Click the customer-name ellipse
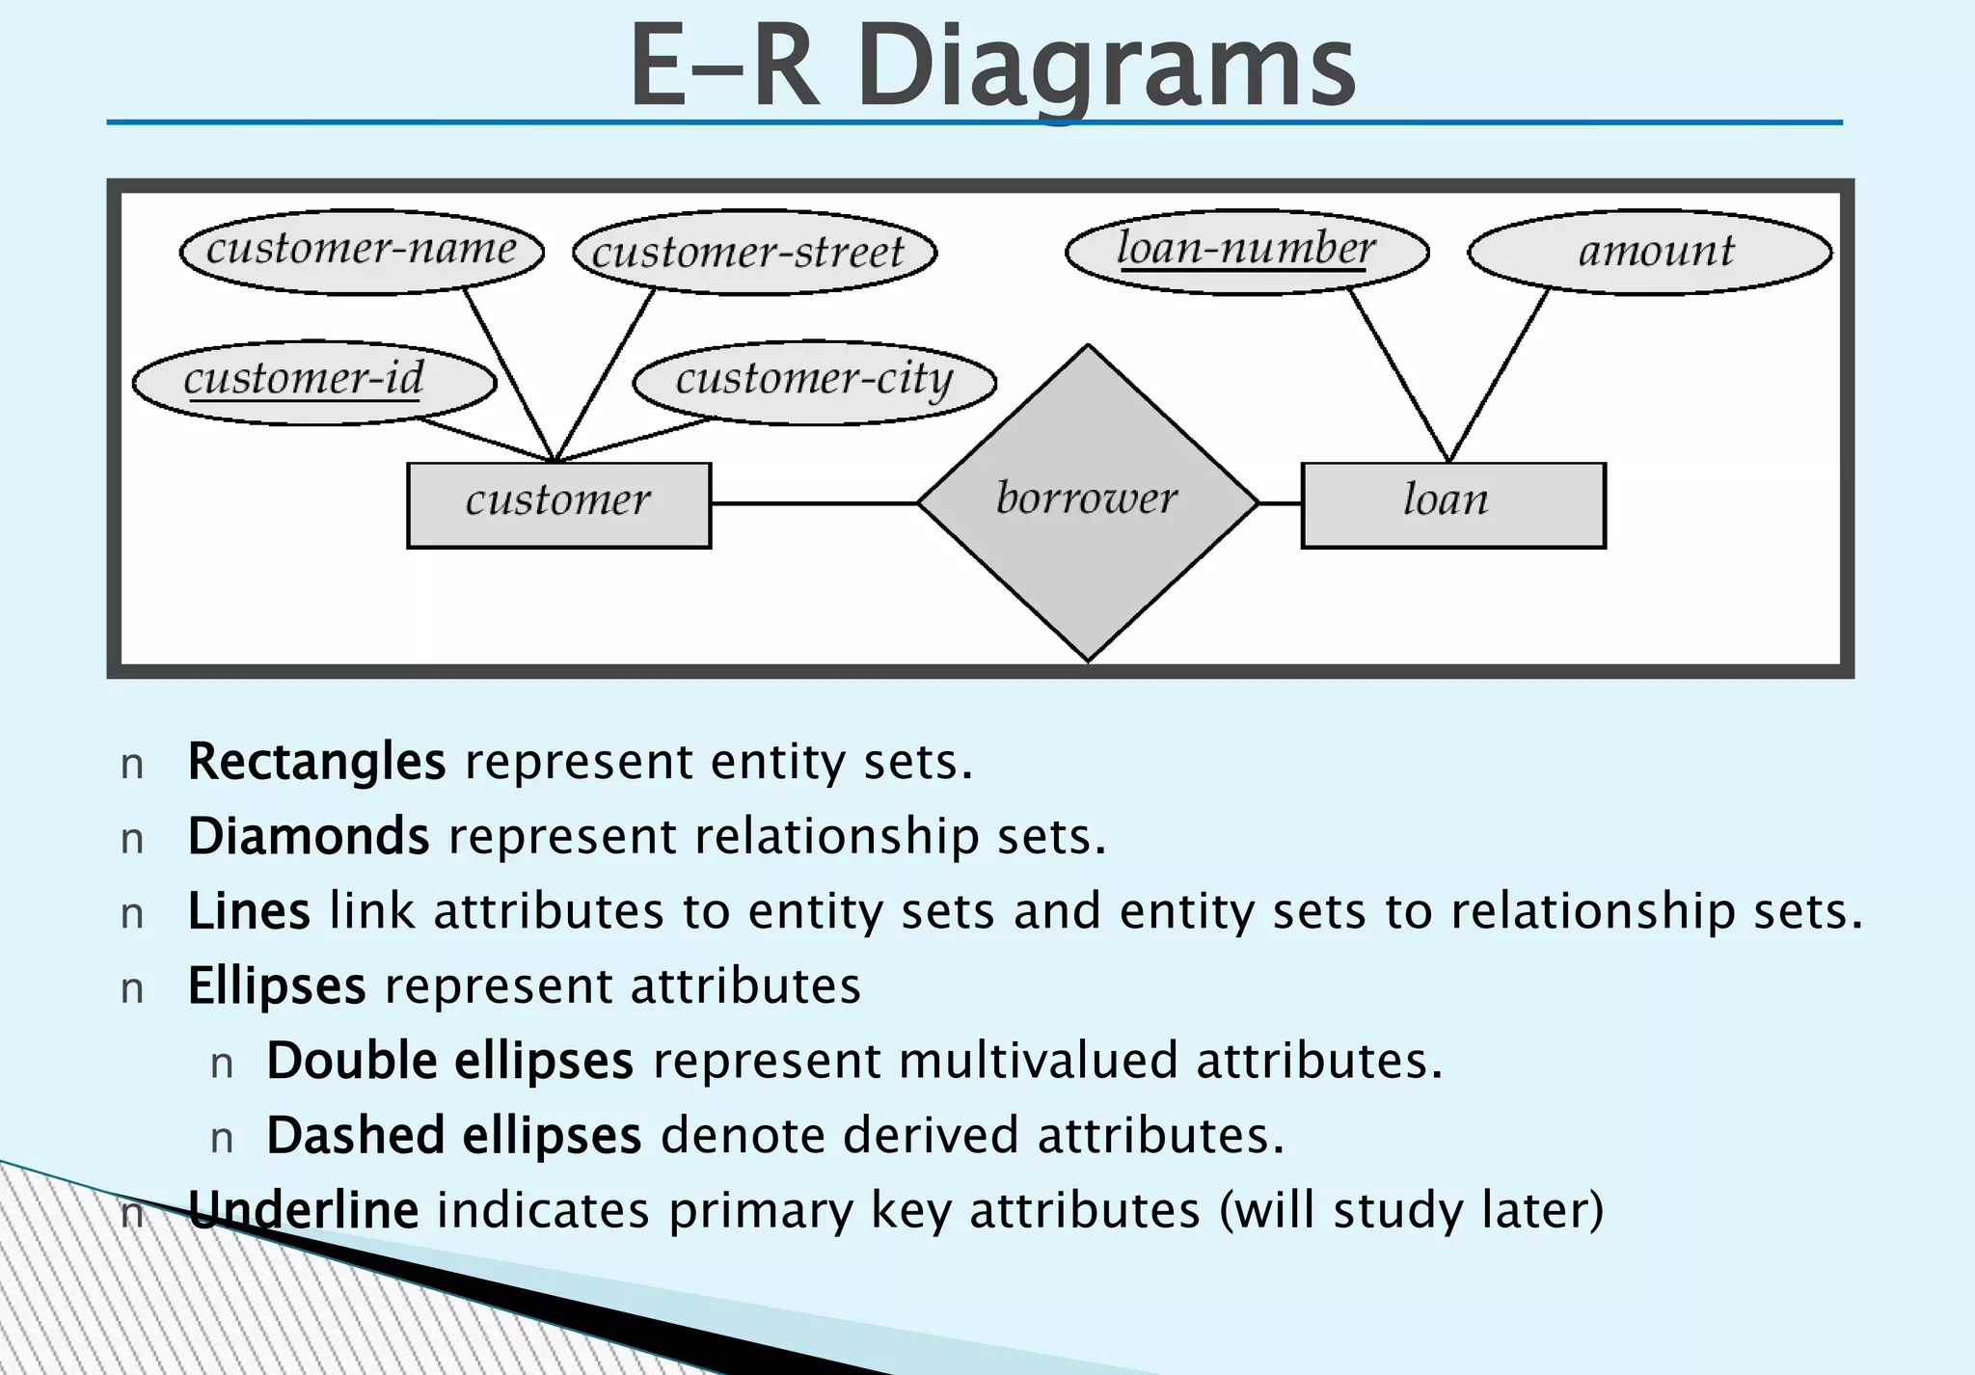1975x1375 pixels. (362, 251)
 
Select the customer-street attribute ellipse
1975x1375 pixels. (754, 253)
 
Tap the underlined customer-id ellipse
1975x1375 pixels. (313, 382)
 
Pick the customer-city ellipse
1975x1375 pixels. (814, 382)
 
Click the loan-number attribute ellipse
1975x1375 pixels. (1246, 251)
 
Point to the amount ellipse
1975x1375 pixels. (1649, 252)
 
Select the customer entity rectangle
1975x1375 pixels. (558, 504)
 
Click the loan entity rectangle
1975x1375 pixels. (1452, 504)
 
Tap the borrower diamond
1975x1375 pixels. (1088, 501)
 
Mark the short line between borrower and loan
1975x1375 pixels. (1280, 502)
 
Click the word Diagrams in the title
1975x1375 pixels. (1106, 67)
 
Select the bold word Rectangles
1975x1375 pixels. (316, 762)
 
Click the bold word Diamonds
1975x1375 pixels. (309, 836)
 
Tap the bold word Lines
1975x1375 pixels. (249, 911)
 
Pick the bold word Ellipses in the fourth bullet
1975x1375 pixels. (277, 985)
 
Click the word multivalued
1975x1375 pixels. (1038, 1061)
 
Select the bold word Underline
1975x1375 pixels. (303, 1210)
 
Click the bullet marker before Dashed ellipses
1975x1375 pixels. (222, 1139)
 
